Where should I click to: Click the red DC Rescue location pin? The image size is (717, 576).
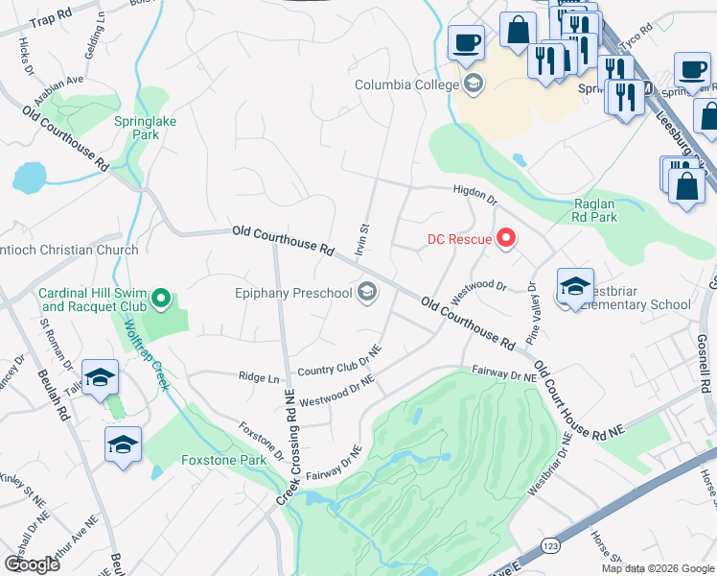pos(505,238)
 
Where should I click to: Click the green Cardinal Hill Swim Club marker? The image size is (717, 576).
pos(161,300)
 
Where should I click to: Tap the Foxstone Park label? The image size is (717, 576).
pos(223,460)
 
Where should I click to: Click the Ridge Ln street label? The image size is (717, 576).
pos(260,376)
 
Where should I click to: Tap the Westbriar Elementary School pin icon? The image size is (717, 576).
pos(574,287)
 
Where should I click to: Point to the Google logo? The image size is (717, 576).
pos(32,564)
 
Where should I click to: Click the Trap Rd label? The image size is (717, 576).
pos(51,20)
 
